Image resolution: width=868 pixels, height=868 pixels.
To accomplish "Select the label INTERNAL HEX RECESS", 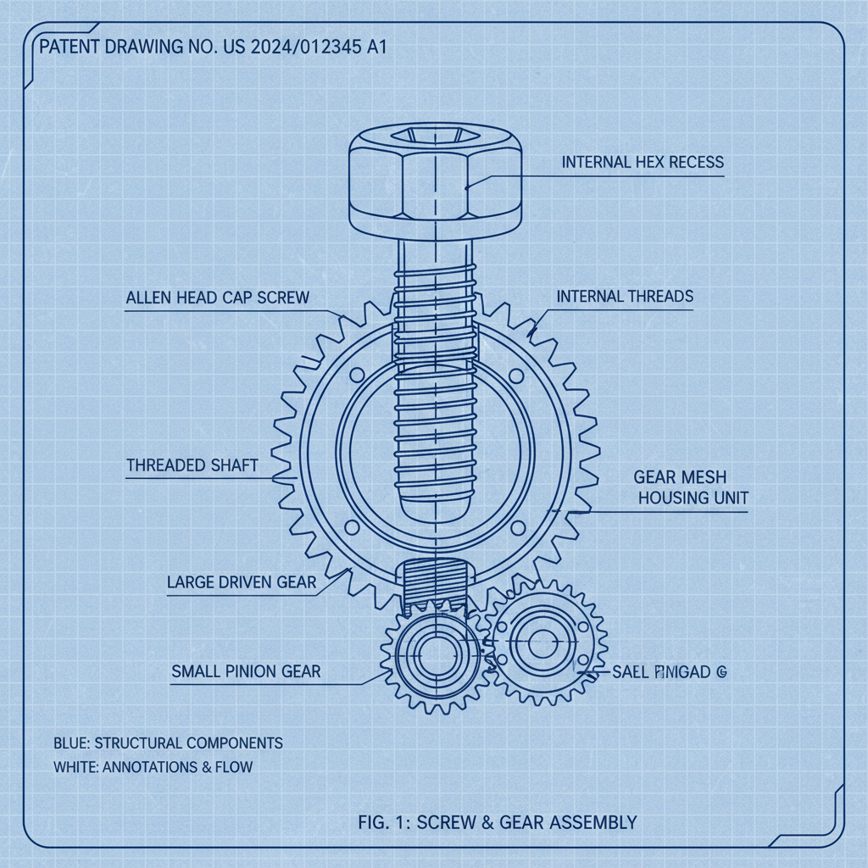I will (x=643, y=161).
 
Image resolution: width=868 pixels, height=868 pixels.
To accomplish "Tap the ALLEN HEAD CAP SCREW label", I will (x=217, y=298).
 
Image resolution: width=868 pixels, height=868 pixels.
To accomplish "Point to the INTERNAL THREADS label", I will (x=625, y=297).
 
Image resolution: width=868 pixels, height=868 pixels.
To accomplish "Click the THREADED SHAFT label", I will (x=192, y=465).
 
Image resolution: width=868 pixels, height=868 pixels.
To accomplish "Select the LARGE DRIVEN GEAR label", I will (x=242, y=582).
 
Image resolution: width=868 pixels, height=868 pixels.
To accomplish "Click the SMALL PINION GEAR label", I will (x=246, y=671).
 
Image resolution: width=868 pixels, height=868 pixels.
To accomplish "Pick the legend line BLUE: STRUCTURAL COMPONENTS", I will (x=168, y=743).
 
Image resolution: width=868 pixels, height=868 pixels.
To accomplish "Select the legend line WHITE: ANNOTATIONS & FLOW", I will (x=153, y=768).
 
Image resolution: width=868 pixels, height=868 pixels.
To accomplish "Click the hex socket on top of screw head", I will (x=433, y=136).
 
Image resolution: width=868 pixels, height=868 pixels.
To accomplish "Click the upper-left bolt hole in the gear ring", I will (x=355, y=374).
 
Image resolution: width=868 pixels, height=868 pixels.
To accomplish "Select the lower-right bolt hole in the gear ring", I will (x=515, y=529).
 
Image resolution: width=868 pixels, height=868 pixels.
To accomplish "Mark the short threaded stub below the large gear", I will (x=433, y=585).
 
